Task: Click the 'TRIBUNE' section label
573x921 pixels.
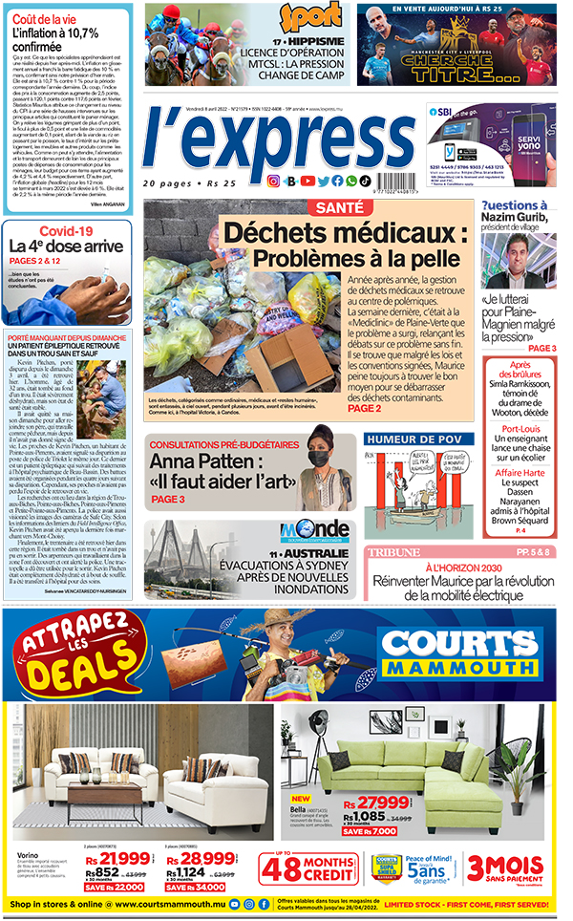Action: click(x=394, y=551)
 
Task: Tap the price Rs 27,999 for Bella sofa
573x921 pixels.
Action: click(x=376, y=802)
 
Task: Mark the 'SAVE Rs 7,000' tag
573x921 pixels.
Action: click(x=382, y=830)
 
